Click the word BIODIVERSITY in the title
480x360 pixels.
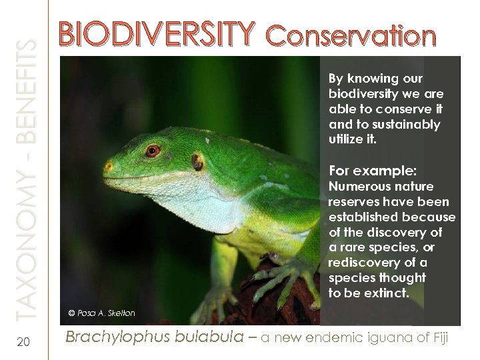(157, 33)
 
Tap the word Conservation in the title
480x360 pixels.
(351, 36)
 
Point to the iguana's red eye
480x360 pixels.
(153, 150)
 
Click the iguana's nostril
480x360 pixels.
(109, 164)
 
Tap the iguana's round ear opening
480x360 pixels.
(197, 161)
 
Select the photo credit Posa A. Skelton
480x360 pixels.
(102, 313)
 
